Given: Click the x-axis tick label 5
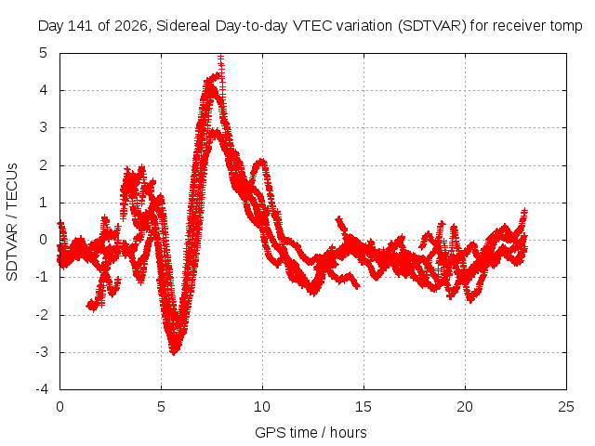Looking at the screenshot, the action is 161,407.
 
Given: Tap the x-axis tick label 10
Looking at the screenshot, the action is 262,407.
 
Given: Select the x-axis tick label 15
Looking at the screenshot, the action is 364,407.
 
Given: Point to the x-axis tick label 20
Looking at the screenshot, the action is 465,407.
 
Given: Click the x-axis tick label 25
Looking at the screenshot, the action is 566,407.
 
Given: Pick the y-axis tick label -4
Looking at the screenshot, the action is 42,389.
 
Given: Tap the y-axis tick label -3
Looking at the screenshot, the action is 42,352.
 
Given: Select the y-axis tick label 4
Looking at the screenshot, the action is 44,90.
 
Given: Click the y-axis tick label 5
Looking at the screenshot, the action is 44,53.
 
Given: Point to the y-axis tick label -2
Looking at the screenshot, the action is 42,315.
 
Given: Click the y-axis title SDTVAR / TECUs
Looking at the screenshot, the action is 12,222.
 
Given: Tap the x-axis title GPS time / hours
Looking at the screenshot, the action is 311,433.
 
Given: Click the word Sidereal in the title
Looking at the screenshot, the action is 184,26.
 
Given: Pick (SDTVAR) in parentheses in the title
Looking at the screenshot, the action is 431,26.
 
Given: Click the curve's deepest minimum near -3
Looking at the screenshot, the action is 174,351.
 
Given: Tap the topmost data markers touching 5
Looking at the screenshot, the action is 221,58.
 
